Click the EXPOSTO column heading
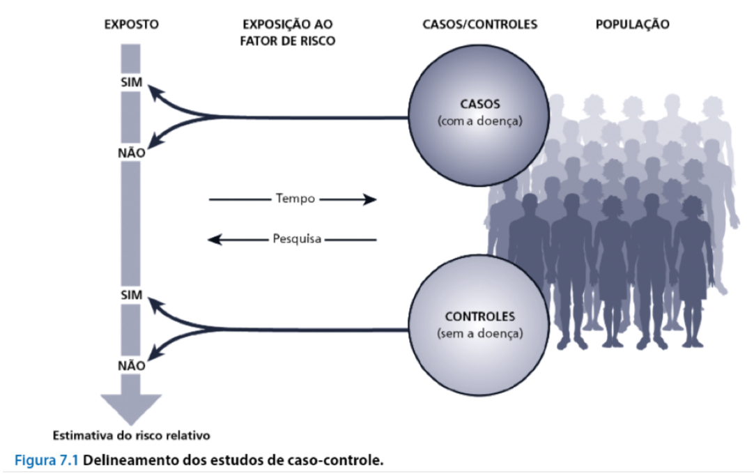tap(131, 25)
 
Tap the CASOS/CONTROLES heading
tap(480, 25)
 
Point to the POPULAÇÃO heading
tap(632, 25)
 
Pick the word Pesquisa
tap(297, 240)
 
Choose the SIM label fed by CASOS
tap(131, 83)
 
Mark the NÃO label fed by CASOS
tap(131, 153)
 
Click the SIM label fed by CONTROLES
tap(131, 295)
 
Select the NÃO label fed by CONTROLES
tap(131, 365)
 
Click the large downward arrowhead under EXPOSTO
tap(131, 407)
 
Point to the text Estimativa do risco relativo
tap(132, 436)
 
